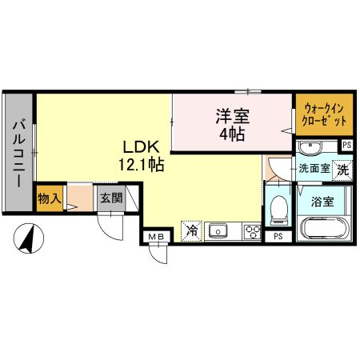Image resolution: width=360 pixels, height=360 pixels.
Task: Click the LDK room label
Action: tap(142, 148)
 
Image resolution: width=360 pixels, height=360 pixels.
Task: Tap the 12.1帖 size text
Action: tap(142, 166)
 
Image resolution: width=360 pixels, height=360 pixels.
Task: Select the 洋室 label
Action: tap(231, 116)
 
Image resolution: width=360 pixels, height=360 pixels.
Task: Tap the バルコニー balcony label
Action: tap(18, 154)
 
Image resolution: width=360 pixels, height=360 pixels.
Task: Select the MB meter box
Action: tap(154, 236)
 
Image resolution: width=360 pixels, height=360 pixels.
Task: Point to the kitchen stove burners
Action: tap(251, 231)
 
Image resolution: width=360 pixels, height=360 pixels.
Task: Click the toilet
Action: tap(278, 210)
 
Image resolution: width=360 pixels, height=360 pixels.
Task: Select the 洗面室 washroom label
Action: tap(314, 170)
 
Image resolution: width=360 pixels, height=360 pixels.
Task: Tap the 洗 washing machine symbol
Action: tap(342, 170)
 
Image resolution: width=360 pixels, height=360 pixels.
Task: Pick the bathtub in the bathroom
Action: tap(326, 227)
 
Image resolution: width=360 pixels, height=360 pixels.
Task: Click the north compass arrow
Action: tap(32, 238)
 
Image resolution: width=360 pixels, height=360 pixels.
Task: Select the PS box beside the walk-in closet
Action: tap(346, 145)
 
